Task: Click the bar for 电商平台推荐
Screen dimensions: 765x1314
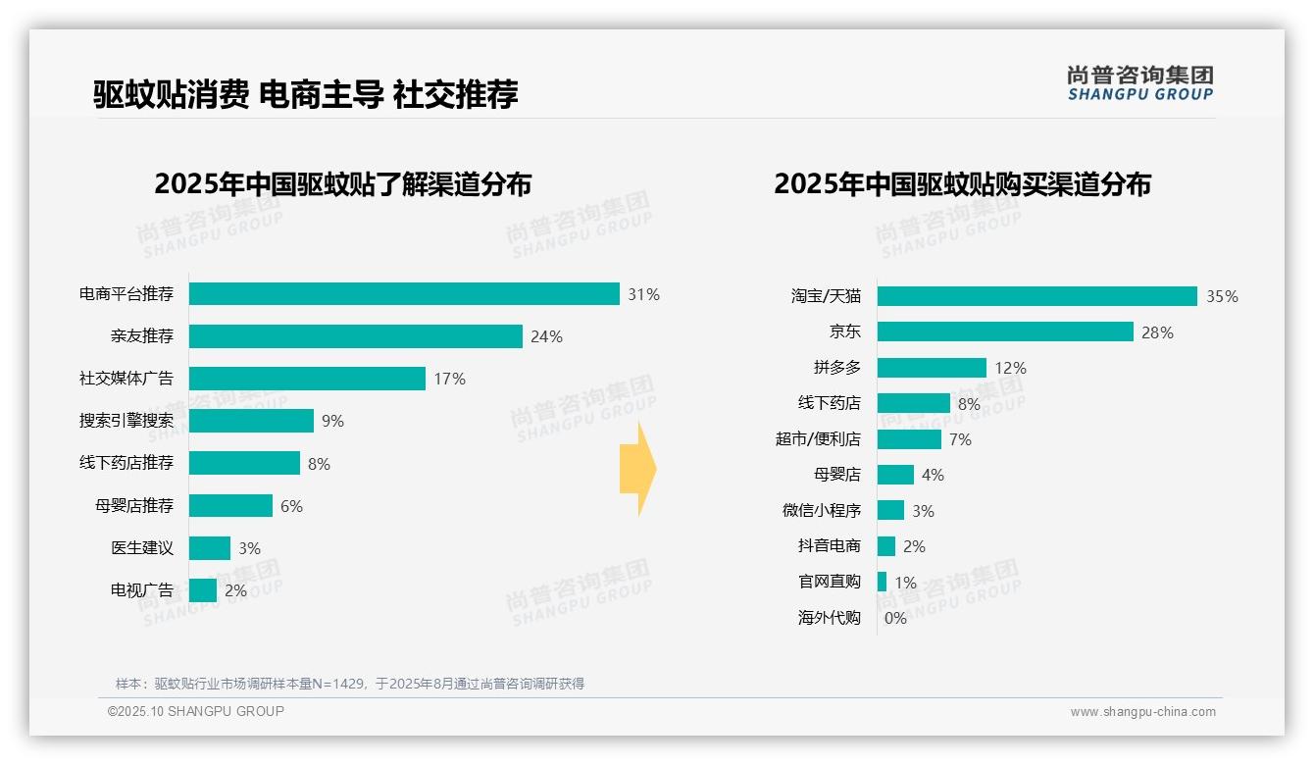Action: tap(404, 294)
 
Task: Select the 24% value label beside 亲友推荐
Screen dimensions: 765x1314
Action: tap(546, 336)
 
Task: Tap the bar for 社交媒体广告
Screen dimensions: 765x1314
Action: tap(307, 379)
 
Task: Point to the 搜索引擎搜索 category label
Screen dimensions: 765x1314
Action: tap(126, 421)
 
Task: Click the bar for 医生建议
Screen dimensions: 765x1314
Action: tap(210, 548)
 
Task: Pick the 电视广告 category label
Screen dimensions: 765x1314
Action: tap(142, 590)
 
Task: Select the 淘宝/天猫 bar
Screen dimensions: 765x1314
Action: tap(1036, 296)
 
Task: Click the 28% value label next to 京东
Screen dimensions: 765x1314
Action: tap(1157, 332)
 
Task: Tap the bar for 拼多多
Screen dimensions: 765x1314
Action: tap(932, 368)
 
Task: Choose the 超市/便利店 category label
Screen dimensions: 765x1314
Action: tap(818, 439)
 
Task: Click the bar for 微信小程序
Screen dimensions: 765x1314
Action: tap(890, 511)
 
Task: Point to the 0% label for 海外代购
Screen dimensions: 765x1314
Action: tap(895, 618)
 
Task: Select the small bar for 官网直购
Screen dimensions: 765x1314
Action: tap(882, 582)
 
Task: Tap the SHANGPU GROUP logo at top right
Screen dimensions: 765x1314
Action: tap(1139, 82)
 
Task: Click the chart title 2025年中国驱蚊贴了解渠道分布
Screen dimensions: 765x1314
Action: tap(342, 184)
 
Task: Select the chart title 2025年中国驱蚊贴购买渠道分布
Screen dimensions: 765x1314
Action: tap(962, 184)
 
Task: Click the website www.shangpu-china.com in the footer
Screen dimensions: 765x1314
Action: tap(1142, 712)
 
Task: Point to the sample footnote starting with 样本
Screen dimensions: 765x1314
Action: tap(349, 684)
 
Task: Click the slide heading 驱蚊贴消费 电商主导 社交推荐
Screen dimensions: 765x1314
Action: tap(305, 94)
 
